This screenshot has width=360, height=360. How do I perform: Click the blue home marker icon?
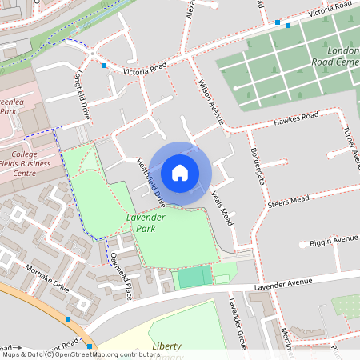180,173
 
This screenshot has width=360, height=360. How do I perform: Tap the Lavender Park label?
145,223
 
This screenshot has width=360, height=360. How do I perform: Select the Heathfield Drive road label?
151,181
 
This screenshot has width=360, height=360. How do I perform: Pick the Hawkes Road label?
295,119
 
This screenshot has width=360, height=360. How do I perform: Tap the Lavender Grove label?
234,318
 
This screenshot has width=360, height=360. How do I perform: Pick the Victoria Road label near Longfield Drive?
144,70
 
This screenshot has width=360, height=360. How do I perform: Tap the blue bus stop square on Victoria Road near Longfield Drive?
104,66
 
